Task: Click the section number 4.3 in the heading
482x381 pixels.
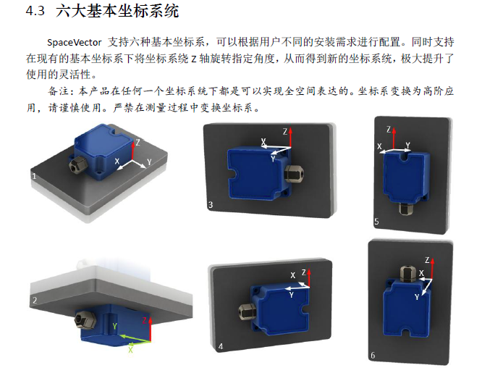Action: pos(35,11)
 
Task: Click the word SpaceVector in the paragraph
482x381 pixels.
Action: pos(74,43)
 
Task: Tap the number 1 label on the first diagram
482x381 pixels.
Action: pos(34,176)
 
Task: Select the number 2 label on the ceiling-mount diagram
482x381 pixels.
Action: pos(35,300)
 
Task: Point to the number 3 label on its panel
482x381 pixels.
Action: pos(211,205)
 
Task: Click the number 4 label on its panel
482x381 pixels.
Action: pos(221,346)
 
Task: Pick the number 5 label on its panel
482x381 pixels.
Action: pos(376,221)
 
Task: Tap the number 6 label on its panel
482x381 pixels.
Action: pos(373,356)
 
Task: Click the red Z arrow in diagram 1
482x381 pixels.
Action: pos(132,149)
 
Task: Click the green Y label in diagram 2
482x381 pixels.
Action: pos(114,327)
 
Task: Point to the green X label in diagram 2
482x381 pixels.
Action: pos(131,350)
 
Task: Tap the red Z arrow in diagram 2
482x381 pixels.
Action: pos(151,330)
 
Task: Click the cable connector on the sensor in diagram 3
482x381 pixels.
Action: pos(294,174)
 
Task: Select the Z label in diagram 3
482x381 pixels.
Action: pos(285,132)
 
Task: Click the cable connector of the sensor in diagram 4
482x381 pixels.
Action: pos(247,311)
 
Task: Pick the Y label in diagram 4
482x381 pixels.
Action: pos(291,295)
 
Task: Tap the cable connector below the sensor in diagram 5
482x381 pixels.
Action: pos(406,209)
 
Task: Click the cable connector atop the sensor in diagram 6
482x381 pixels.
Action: pos(408,273)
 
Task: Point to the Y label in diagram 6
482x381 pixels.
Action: pos(417,297)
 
